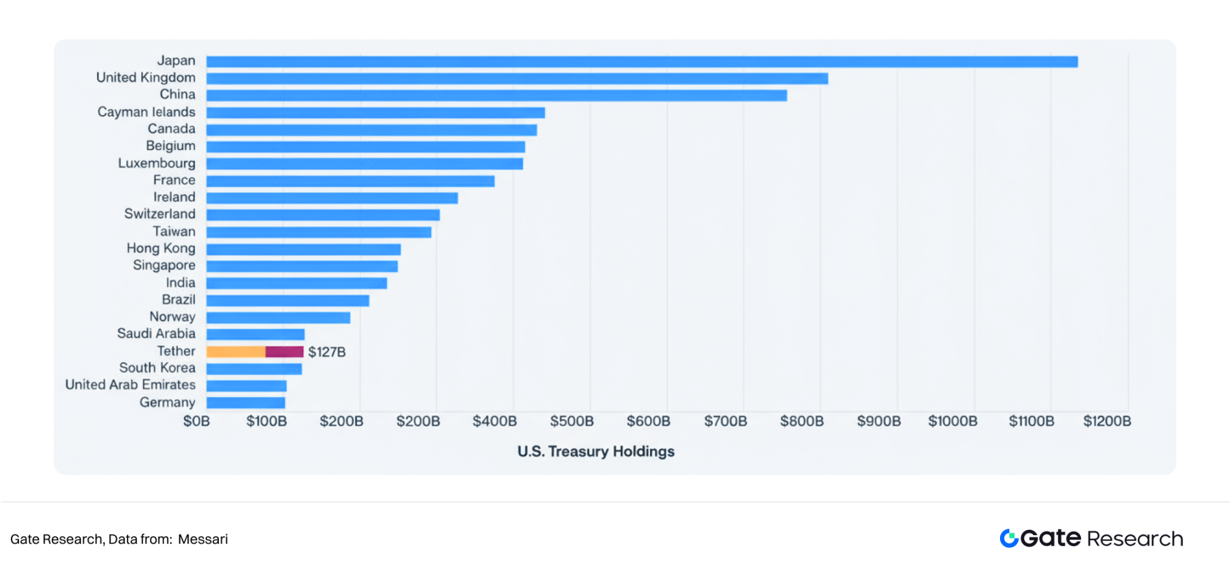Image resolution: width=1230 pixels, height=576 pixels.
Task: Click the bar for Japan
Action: point(642,62)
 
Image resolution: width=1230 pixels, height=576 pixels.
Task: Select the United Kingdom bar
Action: point(517,79)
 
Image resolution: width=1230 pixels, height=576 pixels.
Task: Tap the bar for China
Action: point(496,95)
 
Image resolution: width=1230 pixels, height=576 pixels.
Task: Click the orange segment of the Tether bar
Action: point(236,352)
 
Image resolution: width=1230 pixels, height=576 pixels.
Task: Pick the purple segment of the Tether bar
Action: point(284,352)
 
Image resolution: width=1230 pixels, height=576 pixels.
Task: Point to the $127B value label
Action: point(327,352)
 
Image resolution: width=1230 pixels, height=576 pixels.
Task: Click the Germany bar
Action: point(246,403)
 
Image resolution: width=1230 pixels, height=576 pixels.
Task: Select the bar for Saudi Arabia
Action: point(255,335)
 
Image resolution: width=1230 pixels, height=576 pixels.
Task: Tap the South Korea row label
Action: point(157,368)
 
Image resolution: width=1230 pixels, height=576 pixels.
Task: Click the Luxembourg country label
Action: point(156,163)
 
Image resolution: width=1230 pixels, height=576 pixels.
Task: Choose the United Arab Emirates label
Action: point(130,385)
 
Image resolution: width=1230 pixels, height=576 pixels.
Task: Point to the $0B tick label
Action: point(197,421)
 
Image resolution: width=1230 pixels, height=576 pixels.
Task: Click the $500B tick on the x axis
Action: point(572,421)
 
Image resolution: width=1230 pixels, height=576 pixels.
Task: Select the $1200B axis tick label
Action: point(1107,421)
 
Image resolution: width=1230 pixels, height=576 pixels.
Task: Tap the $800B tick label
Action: point(801,421)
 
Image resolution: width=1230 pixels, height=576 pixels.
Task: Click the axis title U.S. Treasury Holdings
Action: point(596,451)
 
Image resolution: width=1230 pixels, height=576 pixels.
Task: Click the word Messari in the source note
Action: point(203,540)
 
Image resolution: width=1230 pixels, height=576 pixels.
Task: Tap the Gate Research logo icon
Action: point(1009,538)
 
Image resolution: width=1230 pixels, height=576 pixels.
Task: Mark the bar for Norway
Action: point(278,317)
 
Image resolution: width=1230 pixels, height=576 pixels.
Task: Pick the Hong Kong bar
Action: point(303,249)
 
